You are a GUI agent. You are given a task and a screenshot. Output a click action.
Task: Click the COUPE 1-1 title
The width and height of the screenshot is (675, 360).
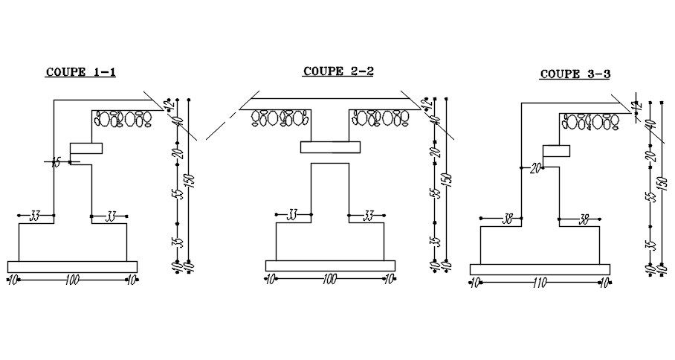pos(81,72)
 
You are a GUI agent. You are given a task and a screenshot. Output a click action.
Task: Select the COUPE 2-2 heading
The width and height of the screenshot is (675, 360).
pos(337,71)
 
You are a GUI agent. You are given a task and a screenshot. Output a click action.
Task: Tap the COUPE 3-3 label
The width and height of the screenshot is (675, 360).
pos(575,74)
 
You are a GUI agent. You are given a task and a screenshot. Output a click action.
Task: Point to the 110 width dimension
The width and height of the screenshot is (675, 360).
pos(540,283)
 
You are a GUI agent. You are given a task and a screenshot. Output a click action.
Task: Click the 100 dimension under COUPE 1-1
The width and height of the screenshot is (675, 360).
pos(72,280)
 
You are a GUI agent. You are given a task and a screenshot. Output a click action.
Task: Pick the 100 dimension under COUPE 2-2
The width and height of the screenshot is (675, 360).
pos(329,280)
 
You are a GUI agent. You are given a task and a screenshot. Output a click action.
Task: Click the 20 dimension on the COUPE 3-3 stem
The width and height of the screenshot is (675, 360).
pos(534,168)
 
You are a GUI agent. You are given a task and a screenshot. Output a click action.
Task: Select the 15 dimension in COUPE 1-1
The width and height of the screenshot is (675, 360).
pos(56,163)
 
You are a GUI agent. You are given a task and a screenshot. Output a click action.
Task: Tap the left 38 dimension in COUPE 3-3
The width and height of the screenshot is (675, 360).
pos(508,219)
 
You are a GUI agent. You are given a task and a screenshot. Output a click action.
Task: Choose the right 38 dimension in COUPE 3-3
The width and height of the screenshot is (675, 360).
pos(584,219)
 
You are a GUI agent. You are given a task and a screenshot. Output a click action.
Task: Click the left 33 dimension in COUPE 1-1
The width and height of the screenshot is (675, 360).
pos(35,216)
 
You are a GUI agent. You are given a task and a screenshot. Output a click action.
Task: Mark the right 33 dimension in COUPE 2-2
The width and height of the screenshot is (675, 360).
pos(368,216)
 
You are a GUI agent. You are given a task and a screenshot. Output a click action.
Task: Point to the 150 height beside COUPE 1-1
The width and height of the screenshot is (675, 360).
pos(190,181)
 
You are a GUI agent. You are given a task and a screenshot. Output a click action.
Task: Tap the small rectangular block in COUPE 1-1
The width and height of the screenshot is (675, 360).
pos(85,147)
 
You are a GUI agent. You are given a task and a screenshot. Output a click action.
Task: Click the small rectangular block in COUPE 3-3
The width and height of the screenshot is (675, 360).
pos(556,151)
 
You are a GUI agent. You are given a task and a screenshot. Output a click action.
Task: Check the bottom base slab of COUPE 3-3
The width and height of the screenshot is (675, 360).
pos(540,269)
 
